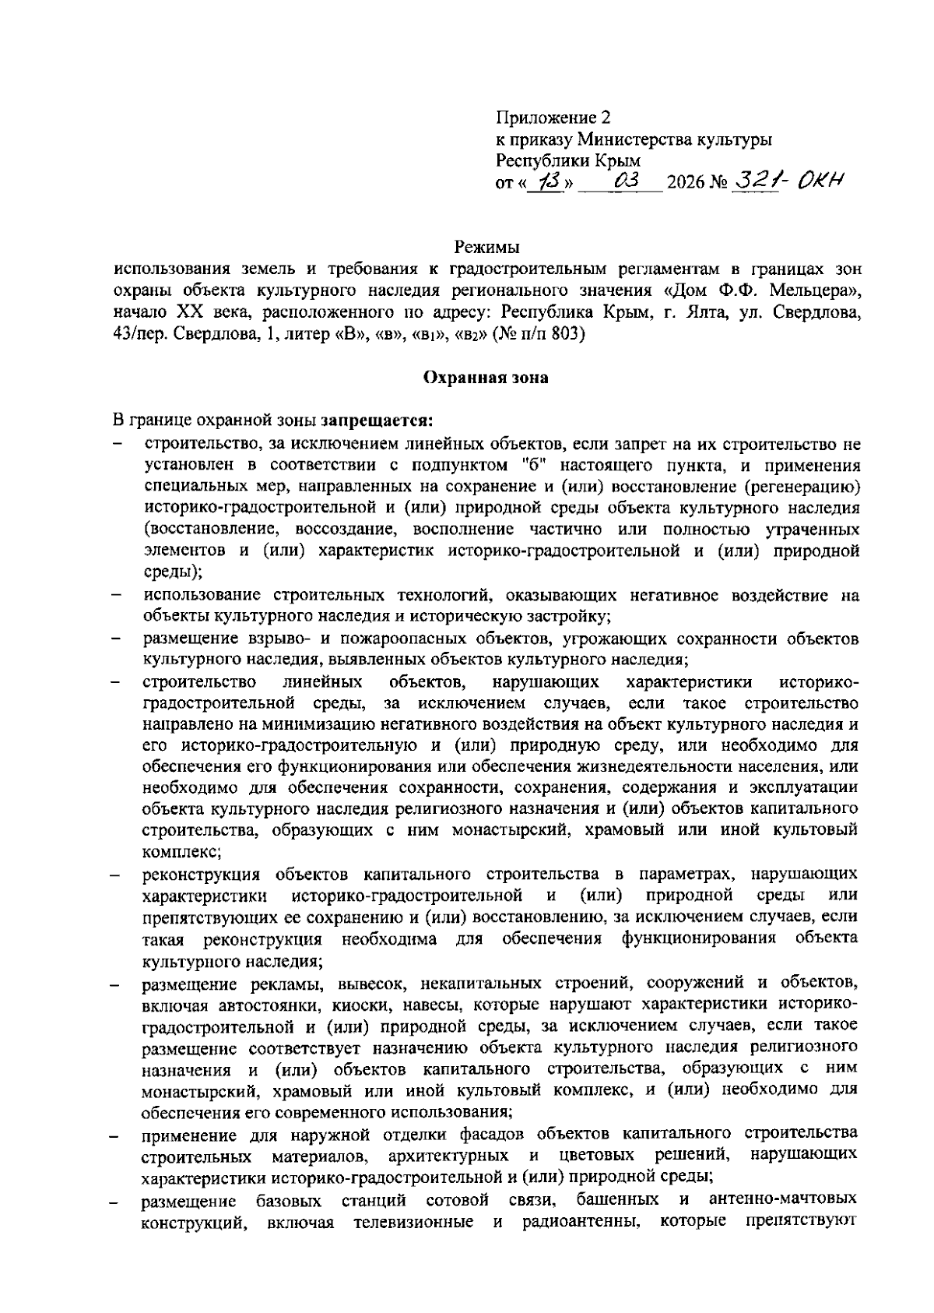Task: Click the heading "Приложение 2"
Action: tap(554, 118)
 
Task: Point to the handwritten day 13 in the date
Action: tap(547, 181)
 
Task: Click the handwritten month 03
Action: tap(626, 181)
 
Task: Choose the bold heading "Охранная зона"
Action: tap(486, 378)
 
